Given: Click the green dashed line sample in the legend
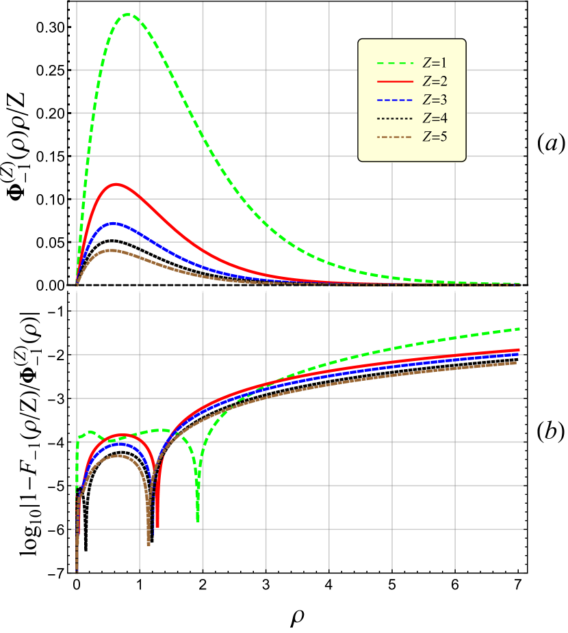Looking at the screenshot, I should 396,64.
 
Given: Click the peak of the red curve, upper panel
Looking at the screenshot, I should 117,184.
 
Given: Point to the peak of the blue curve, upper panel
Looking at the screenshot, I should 114,224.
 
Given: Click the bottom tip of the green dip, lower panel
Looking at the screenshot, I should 198,522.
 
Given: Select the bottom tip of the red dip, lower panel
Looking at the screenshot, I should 157,526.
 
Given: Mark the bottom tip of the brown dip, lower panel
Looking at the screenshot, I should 149,544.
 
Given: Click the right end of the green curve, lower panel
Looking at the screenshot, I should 521,329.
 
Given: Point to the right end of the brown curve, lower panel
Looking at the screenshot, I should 516,363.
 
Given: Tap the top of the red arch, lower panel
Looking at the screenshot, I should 120,435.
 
